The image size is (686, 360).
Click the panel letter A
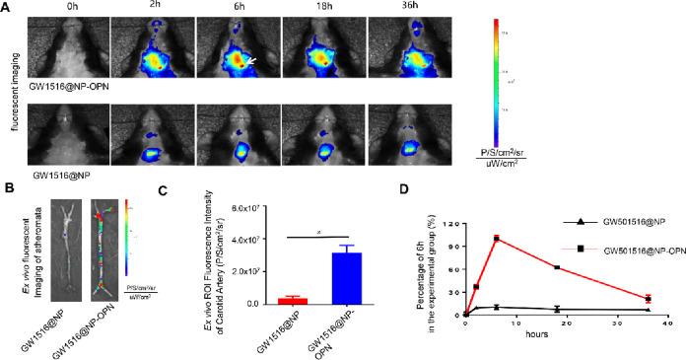point(7,7)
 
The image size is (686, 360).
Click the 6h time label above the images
point(237,8)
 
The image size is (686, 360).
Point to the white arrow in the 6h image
point(255,60)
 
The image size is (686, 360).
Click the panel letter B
point(7,183)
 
